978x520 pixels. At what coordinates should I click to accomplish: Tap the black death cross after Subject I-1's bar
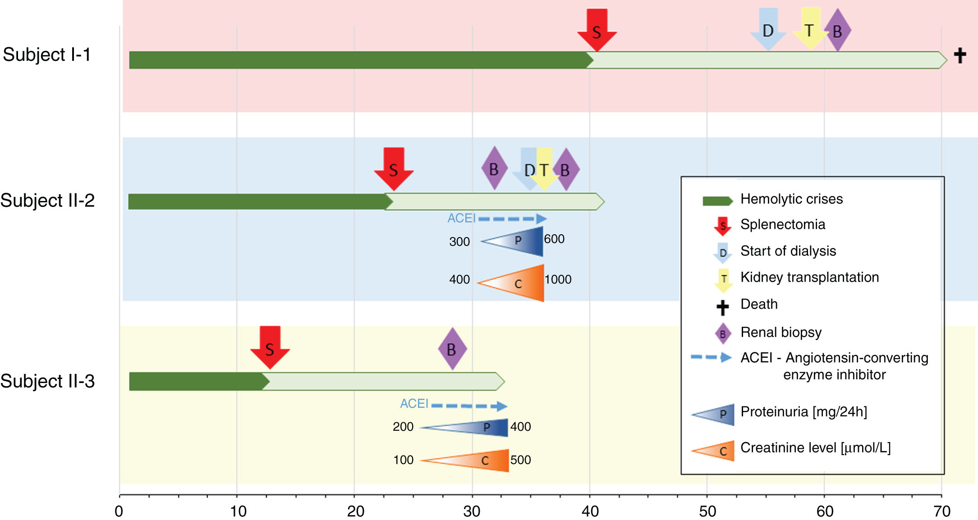[960, 55]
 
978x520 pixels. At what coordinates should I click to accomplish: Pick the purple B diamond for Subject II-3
[452, 349]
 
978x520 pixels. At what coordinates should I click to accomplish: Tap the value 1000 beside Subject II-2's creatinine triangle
[558, 279]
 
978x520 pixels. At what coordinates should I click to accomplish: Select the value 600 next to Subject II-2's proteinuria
[554, 239]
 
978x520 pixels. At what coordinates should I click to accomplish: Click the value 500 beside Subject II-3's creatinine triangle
[520, 460]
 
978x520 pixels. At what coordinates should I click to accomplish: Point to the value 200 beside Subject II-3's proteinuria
[403, 427]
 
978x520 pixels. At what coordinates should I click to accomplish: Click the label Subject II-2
[47, 201]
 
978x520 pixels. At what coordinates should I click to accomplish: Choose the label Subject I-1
[47, 55]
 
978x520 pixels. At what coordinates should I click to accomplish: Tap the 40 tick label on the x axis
[590, 511]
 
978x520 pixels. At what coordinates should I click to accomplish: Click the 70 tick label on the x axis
[942, 511]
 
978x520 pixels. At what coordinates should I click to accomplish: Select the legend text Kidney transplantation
[809, 277]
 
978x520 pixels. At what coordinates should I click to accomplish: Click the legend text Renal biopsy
[781, 332]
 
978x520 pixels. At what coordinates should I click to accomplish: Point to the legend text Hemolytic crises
[791, 199]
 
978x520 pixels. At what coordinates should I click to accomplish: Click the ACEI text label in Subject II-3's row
[414, 403]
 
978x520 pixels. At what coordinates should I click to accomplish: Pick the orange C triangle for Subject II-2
[519, 283]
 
